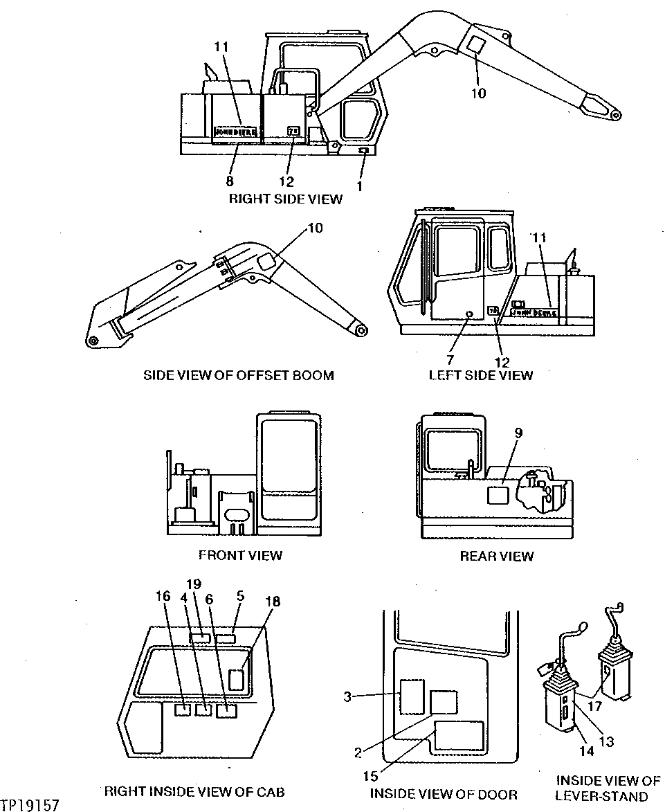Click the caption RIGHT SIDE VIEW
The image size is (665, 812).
286,199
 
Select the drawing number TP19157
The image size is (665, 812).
30,805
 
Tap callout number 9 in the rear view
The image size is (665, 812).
518,433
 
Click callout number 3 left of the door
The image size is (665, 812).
347,696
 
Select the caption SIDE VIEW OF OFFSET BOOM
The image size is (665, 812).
238,375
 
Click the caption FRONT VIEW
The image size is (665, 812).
240,555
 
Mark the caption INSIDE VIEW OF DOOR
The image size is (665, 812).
444,794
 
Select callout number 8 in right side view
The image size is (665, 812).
229,181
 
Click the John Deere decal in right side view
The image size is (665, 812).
235,131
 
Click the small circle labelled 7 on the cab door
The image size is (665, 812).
468,314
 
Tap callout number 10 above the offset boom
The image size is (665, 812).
314,228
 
